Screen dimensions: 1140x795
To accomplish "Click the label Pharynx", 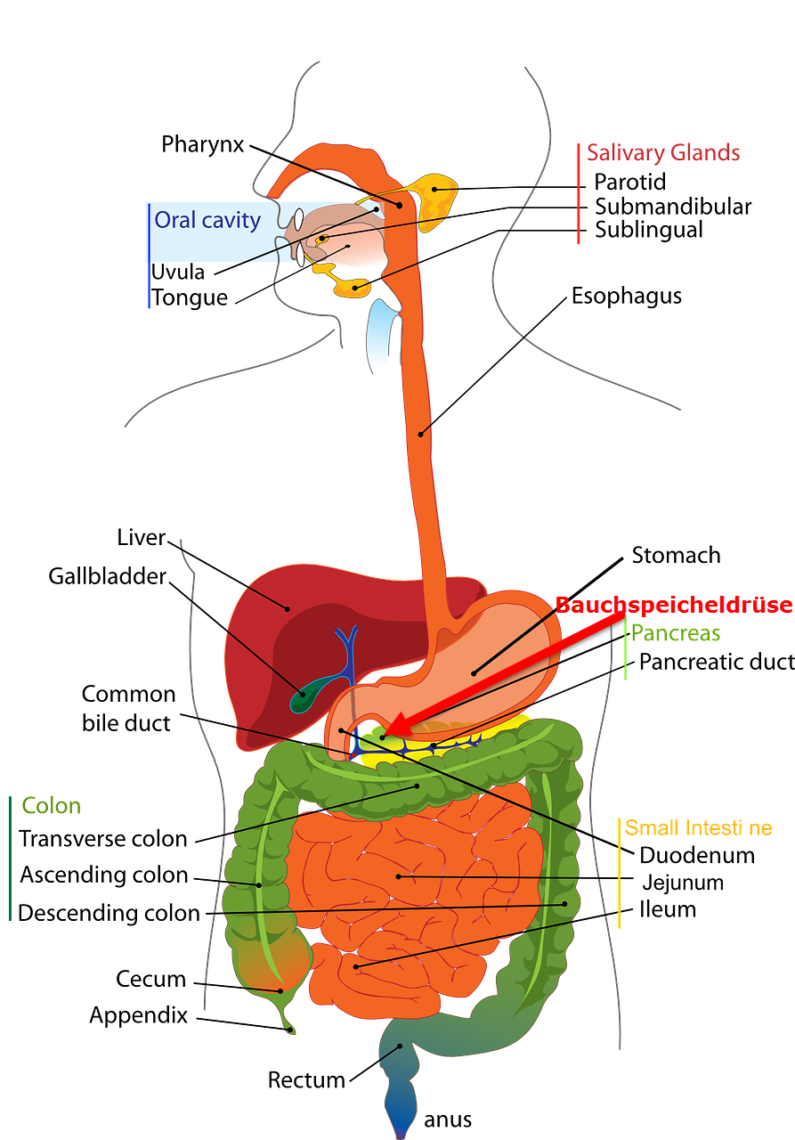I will click(x=202, y=144).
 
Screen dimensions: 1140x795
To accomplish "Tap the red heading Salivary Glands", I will click(x=662, y=152).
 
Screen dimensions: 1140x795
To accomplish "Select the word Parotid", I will click(x=630, y=183).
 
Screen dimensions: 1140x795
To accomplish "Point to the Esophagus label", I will click(x=626, y=296).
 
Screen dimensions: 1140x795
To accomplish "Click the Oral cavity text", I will click(x=207, y=220).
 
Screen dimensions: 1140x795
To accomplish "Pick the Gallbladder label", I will click(x=107, y=576).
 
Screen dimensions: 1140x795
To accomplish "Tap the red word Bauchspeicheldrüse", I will click(x=673, y=606).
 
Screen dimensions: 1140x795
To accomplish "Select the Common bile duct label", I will click(x=128, y=708).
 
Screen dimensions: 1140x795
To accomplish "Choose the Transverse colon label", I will click(x=103, y=839).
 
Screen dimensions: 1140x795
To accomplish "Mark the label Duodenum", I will click(x=697, y=856).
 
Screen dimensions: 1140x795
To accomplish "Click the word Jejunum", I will click(x=683, y=883).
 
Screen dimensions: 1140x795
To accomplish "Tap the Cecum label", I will click(x=150, y=980).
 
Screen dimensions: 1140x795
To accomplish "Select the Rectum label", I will click(x=306, y=1080).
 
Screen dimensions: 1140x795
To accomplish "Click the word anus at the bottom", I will click(x=448, y=1120).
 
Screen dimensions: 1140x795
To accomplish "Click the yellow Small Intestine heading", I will click(x=699, y=827).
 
